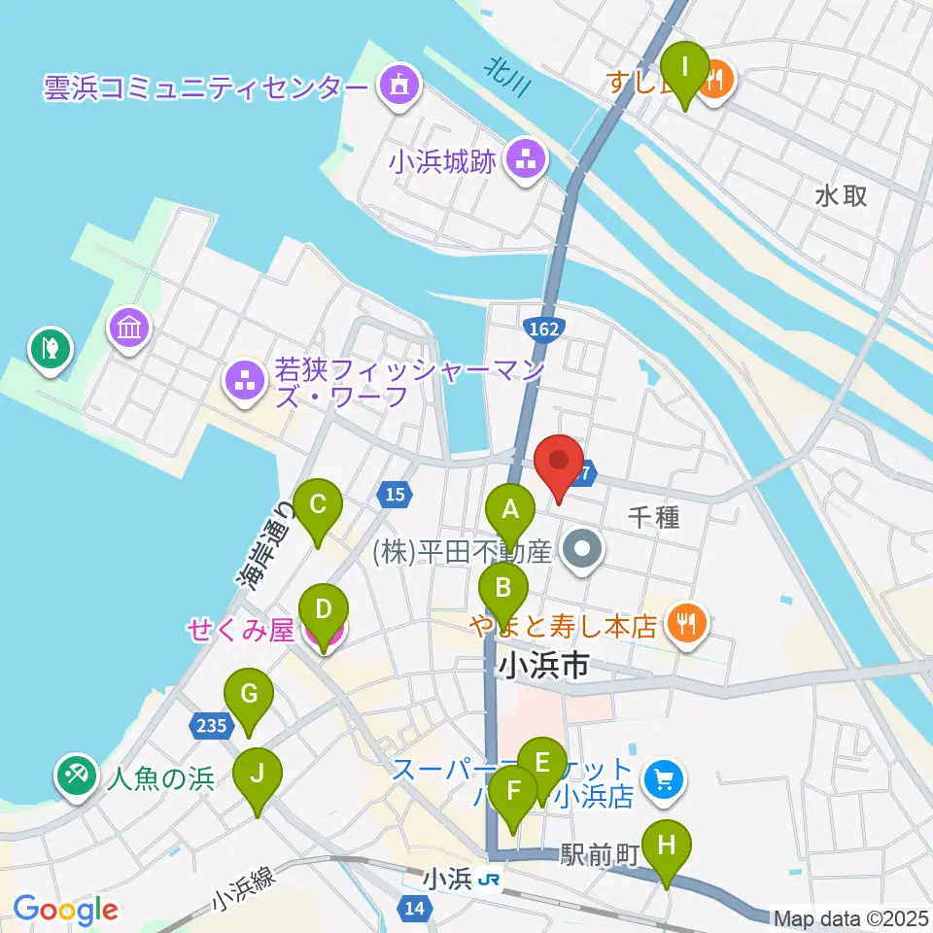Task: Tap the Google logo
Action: [x=65, y=910]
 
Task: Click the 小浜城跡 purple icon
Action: [x=526, y=159]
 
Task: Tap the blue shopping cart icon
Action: [x=665, y=778]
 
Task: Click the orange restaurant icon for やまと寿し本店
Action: [x=688, y=625]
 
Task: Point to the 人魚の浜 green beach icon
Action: [x=75, y=778]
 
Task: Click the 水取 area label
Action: [x=842, y=195]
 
